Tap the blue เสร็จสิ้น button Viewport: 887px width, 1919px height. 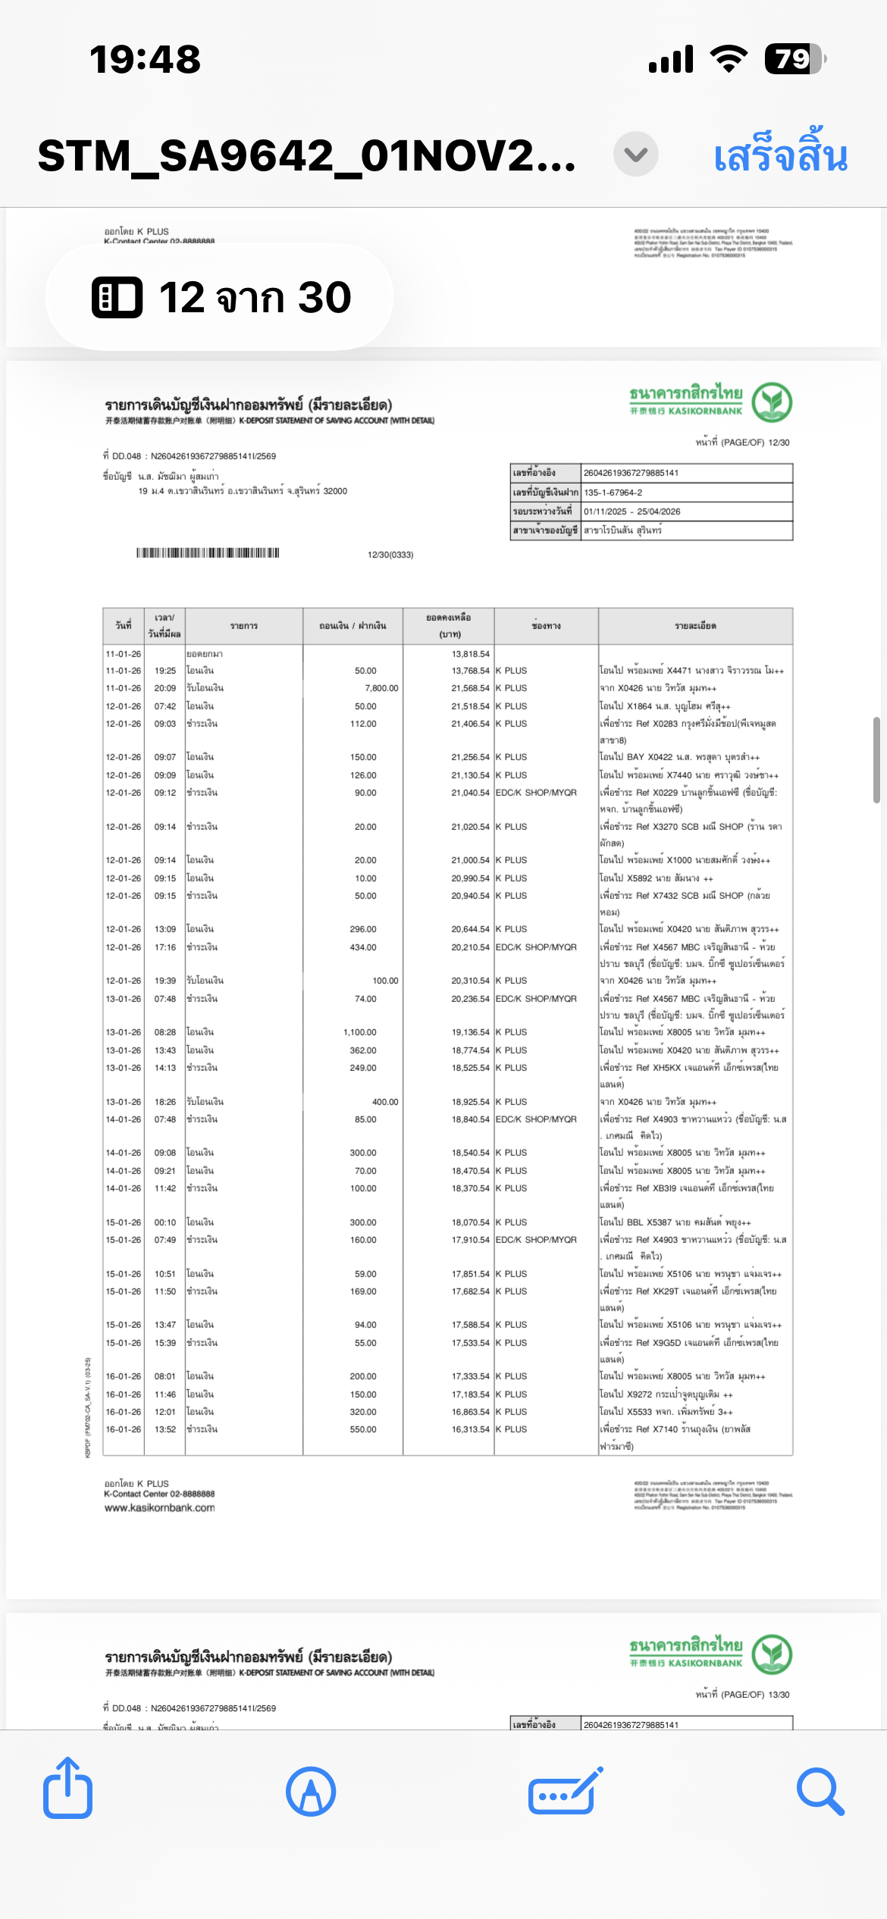click(x=780, y=155)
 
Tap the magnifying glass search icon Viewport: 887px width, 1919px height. click(x=820, y=1792)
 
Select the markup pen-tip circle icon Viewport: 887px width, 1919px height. click(x=311, y=1792)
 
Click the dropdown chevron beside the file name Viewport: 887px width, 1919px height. click(x=635, y=155)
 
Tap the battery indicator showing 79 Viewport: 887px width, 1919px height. click(x=794, y=59)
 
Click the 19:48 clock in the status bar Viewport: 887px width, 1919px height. click(x=145, y=59)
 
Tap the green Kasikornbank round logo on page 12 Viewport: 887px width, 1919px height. click(x=772, y=402)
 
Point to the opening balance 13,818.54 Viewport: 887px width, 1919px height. click(x=470, y=654)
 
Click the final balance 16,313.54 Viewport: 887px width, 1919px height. click(x=470, y=1429)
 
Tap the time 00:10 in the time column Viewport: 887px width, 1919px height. click(x=165, y=1222)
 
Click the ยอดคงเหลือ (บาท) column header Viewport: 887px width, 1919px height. click(x=448, y=626)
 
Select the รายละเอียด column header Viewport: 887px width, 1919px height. click(x=695, y=626)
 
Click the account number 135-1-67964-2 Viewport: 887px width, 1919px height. click(x=613, y=493)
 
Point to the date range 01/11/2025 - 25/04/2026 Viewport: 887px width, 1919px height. click(x=632, y=512)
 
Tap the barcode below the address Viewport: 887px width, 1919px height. click(x=208, y=553)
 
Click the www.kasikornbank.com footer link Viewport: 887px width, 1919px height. click(x=159, y=1508)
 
